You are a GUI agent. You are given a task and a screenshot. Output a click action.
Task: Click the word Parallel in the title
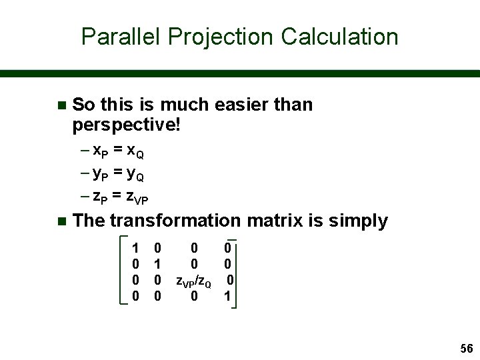click(x=123, y=37)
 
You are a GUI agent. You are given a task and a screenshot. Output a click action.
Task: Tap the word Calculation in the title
click(x=339, y=37)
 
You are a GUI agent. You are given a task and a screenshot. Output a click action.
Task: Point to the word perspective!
click(x=126, y=124)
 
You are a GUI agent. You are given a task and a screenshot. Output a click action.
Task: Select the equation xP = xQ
click(x=118, y=152)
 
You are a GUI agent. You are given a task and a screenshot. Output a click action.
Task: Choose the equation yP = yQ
click(x=118, y=175)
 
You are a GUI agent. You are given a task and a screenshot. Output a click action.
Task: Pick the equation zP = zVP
click(x=121, y=198)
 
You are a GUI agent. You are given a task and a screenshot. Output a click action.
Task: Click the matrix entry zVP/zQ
click(x=193, y=281)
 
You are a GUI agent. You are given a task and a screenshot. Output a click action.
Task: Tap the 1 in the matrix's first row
click(x=136, y=249)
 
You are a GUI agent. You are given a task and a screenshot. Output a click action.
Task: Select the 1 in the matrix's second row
click(x=157, y=265)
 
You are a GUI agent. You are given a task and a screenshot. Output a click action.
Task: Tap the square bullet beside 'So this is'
click(x=61, y=105)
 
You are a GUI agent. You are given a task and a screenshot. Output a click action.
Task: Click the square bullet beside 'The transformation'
click(x=61, y=221)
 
